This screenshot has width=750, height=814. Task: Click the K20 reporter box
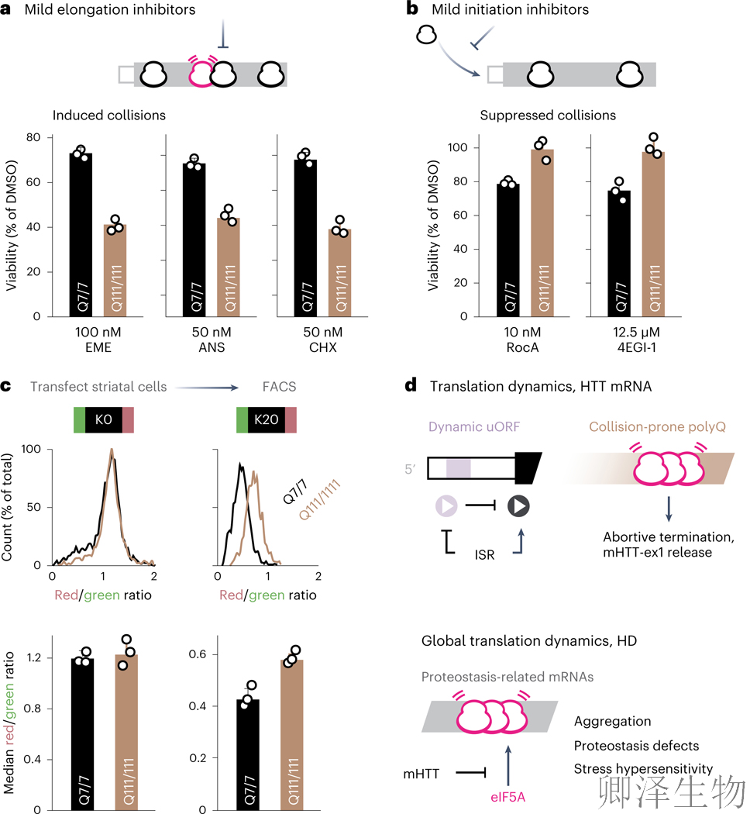[x=263, y=421]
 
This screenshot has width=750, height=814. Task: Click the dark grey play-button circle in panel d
[x=518, y=507]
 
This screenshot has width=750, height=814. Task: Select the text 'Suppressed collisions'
[x=548, y=116]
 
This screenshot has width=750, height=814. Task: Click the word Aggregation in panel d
[x=612, y=721]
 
